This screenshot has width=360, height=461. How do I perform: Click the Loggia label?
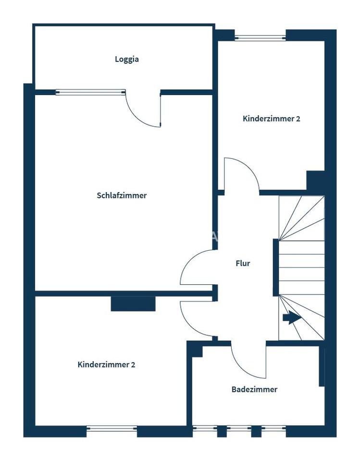(x=127, y=60)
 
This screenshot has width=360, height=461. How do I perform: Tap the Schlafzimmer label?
(x=122, y=195)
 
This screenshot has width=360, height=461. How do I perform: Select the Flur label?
(x=243, y=263)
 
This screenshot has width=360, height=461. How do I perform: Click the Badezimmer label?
(x=254, y=389)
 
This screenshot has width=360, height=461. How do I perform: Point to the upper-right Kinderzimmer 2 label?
(x=271, y=119)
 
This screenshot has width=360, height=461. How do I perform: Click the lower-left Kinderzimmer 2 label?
(x=106, y=364)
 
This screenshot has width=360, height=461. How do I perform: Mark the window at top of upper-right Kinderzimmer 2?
(x=260, y=37)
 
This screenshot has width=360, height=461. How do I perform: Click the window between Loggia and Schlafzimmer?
(x=90, y=92)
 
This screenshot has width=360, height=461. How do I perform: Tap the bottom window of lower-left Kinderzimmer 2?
(x=112, y=428)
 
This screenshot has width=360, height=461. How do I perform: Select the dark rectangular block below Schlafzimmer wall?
(x=133, y=304)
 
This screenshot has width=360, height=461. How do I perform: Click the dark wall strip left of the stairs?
(x=276, y=267)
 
